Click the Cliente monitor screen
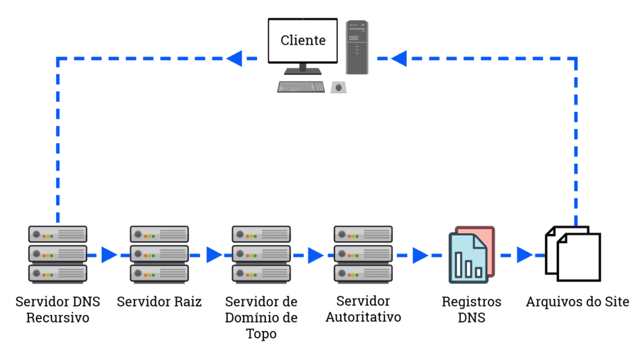point(303,40)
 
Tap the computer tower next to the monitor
point(357,47)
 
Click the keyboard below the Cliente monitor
point(301,87)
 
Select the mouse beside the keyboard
point(339,87)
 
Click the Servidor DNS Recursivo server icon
point(57,253)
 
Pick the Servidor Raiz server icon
point(159,253)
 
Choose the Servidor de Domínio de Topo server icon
point(261,253)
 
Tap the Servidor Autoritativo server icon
point(363,253)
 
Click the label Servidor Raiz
point(159,302)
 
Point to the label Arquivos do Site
point(577,302)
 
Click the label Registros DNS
point(471,310)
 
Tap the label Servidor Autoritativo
point(363,309)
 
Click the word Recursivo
point(57,318)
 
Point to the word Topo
point(261,334)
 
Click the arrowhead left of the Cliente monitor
point(234,58)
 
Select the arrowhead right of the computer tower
point(398,58)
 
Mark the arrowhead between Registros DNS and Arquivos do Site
point(524,255)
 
